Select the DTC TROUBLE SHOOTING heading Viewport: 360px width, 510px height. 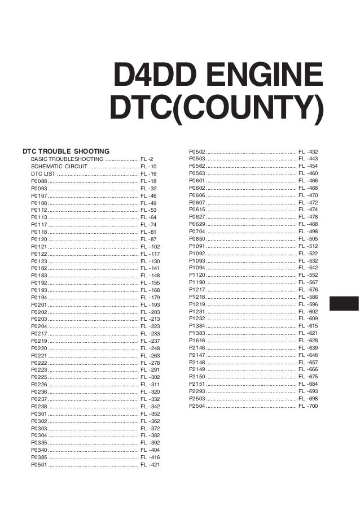coord(65,152)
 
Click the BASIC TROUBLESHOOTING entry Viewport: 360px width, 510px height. coord(67,160)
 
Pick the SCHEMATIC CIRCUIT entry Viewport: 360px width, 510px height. coord(59,167)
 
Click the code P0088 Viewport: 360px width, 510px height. coord(39,181)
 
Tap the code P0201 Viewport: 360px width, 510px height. coord(39,305)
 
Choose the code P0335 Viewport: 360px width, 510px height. coord(39,443)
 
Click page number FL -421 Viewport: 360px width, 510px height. coord(150,465)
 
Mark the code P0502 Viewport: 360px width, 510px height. coord(197,152)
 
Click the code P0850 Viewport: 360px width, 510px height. coord(197,239)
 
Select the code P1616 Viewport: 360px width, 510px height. coord(197,341)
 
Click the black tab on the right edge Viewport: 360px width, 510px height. coord(344,303)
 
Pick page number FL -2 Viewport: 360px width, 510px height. coord(147,160)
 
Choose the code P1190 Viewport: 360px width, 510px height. coord(197,282)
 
